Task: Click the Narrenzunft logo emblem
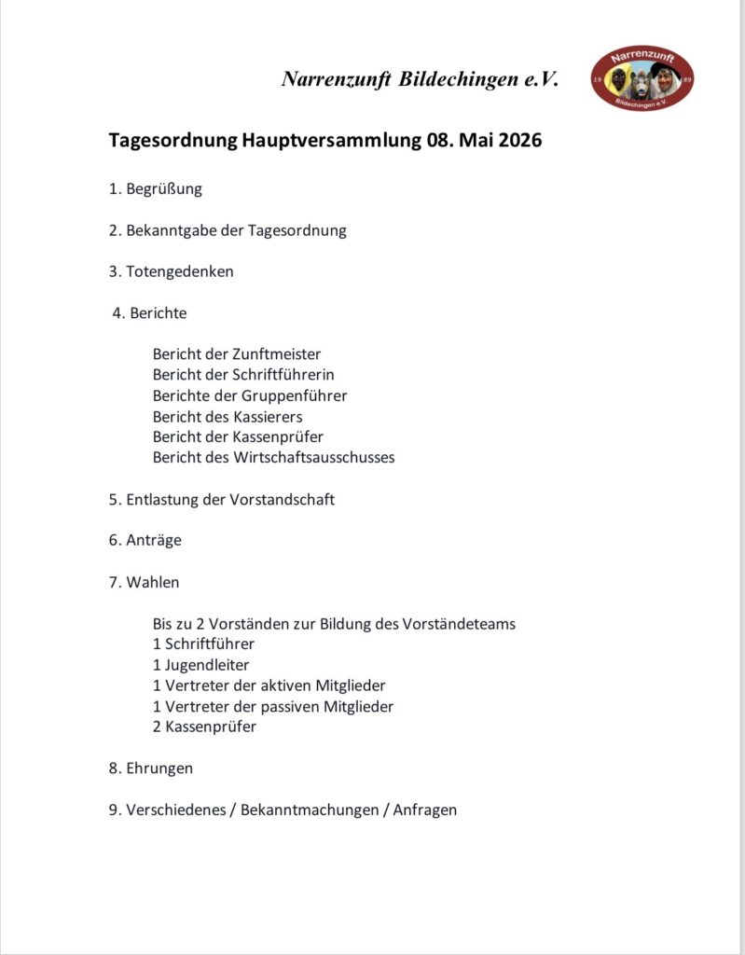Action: click(x=642, y=79)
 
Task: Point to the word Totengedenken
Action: click(x=180, y=271)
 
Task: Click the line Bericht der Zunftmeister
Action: click(x=237, y=353)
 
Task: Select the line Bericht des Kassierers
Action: click(x=228, y=416)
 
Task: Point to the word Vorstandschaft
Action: click(x=284, y=499)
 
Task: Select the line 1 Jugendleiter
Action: click(x=201, y=665)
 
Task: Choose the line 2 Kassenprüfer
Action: click(x=204, y=727)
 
